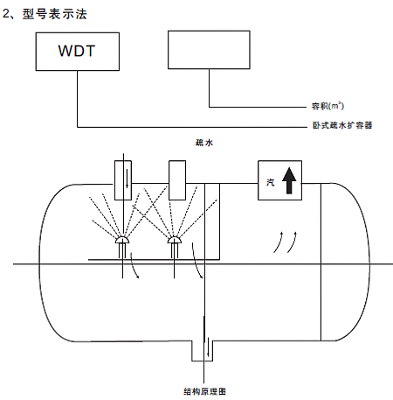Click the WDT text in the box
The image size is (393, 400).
[x=77, y=51]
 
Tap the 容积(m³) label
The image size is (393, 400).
[x=327, y=106]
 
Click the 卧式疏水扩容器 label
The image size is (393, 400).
[x=342, y=125]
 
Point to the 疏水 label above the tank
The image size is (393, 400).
[x=204, y=143]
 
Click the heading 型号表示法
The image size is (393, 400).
[x=55, y=14]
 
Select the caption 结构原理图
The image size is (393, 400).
[x=204, y=391]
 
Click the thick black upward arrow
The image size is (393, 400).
[x=289, y=180]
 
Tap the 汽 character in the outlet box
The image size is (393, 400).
[x=270, y=182]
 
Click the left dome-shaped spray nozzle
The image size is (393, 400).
[x=122, y=240]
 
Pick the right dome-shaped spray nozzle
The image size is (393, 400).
[x=174, y=240]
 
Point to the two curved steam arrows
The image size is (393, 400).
[x=285, y=242]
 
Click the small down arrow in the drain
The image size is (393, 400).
[x=208, y=347]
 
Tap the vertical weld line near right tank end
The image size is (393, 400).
[x=321, y=262]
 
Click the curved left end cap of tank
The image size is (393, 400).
[x=40, y=263]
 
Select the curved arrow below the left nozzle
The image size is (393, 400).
[x=134, y=265]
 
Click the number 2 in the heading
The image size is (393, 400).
[x=6, y=14]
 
